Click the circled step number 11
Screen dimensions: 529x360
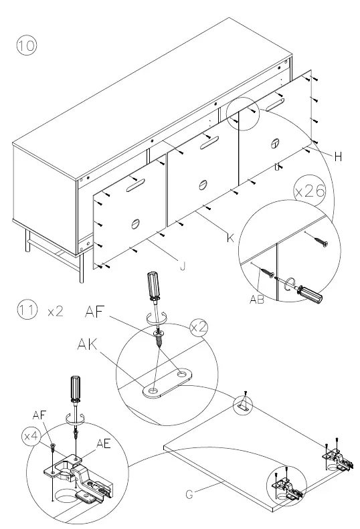[x=26, y=312]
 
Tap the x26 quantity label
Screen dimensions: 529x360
[x=310, y=191]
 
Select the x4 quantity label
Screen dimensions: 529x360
[x=31, y=436]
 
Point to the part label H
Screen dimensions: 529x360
[x=338, y=156]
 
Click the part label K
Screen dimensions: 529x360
[x=230, y=238]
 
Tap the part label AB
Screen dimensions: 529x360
[x=257, y=300]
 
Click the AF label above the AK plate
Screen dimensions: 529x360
[x=98, y=311]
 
